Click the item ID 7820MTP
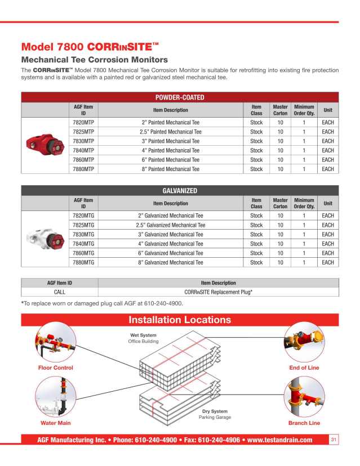(x=83, y=122)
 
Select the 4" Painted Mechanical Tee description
(x=171, y=150)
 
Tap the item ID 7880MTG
(x=83, y=262)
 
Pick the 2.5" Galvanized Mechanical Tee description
(x=171, y=225)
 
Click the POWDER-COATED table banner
(x=180, y=97)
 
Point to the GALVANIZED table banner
(x=180, y=191)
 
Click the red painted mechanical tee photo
(x=46, y=145)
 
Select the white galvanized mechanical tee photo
(x=46, y=239)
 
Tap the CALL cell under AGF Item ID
(x=60, y=292)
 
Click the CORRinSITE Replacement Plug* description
(x=218, y=292)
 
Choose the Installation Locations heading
(x=180, y=320)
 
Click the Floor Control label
(x=55, y=368)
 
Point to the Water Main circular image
(x=55, y=396)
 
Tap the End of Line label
(x=304, y=368)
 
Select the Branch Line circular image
(x=304, y=396)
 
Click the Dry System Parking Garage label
(x=215, y=414)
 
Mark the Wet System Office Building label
(x=143, y=338)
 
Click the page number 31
(x=334, y=440)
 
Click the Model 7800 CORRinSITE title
(x=90, y=46)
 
